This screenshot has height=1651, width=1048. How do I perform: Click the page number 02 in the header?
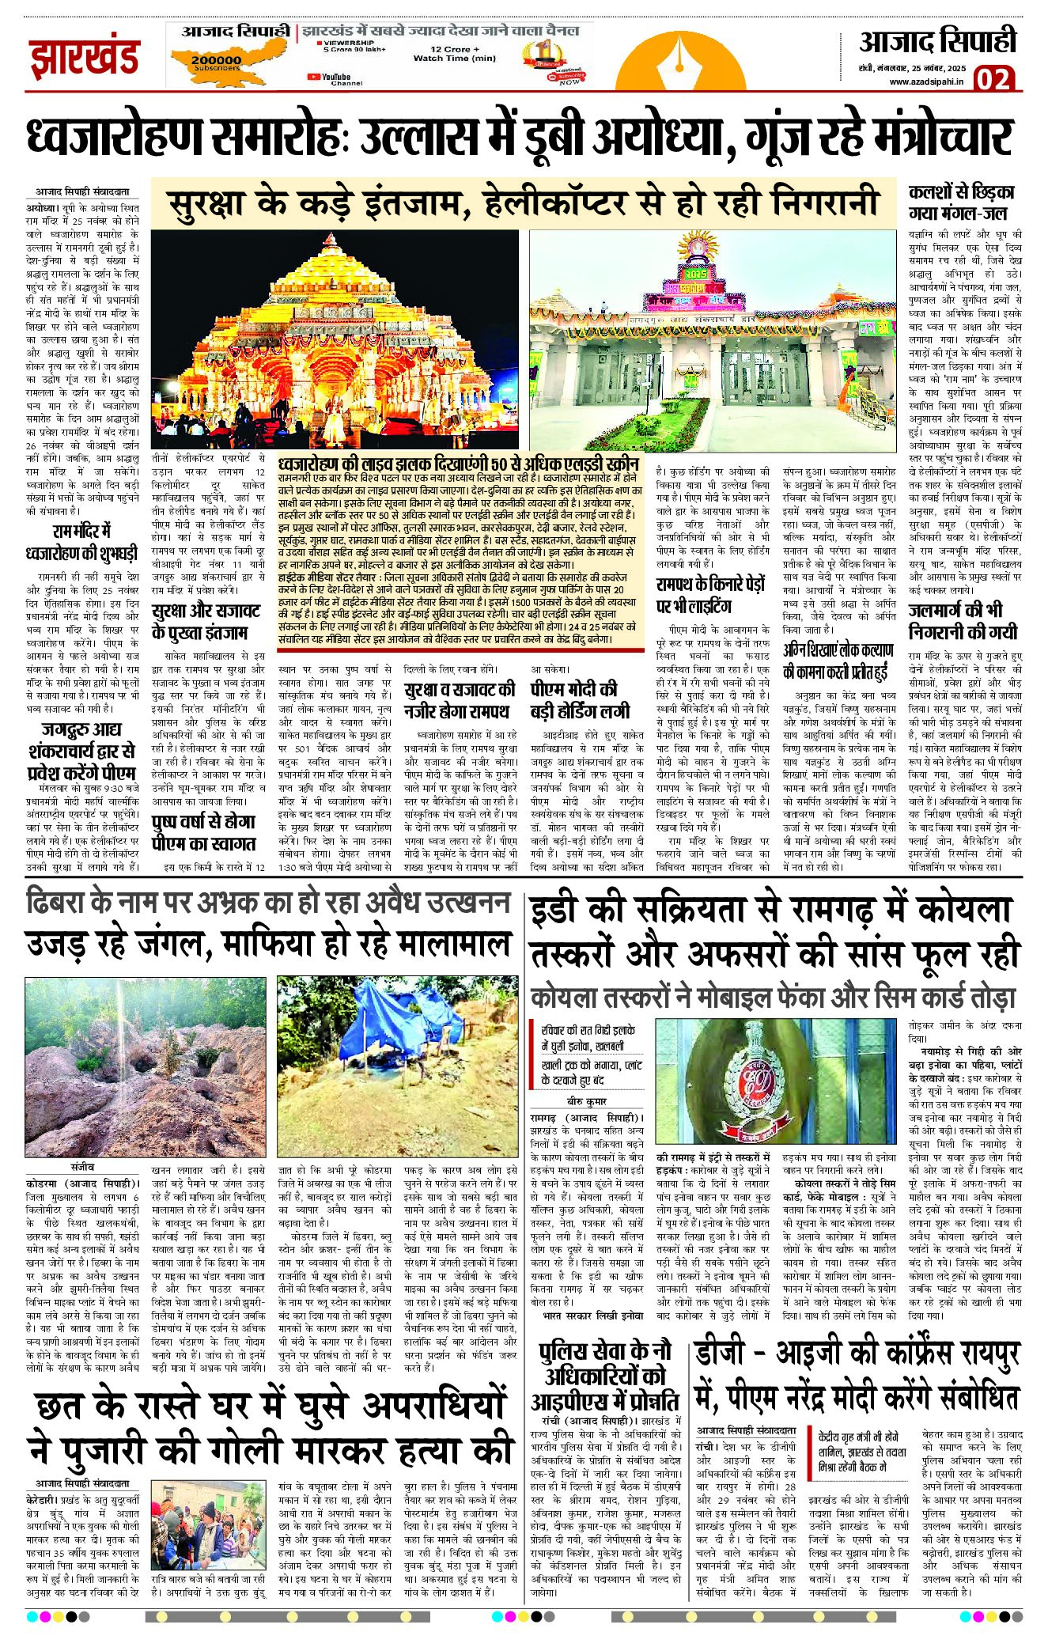[x=993, y=79]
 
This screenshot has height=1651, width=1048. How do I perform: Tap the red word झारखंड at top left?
[x=85, y=58]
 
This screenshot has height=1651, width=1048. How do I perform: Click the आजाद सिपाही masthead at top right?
[x=937, y=42]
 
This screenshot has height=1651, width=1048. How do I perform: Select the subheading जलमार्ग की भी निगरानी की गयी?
[x=962, y=621]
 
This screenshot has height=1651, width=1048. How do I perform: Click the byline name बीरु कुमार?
[x=586, y=1101]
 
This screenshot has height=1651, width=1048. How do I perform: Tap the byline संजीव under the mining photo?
[x=82, y=1167]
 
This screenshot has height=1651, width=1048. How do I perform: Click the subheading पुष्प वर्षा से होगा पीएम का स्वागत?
[x=204, y=833]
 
